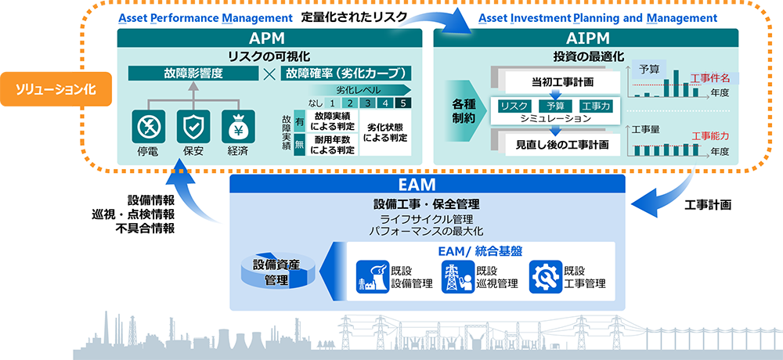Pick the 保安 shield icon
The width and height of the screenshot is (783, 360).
193,125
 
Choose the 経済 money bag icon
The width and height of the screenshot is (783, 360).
238,125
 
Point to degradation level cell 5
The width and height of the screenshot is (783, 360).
402,103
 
